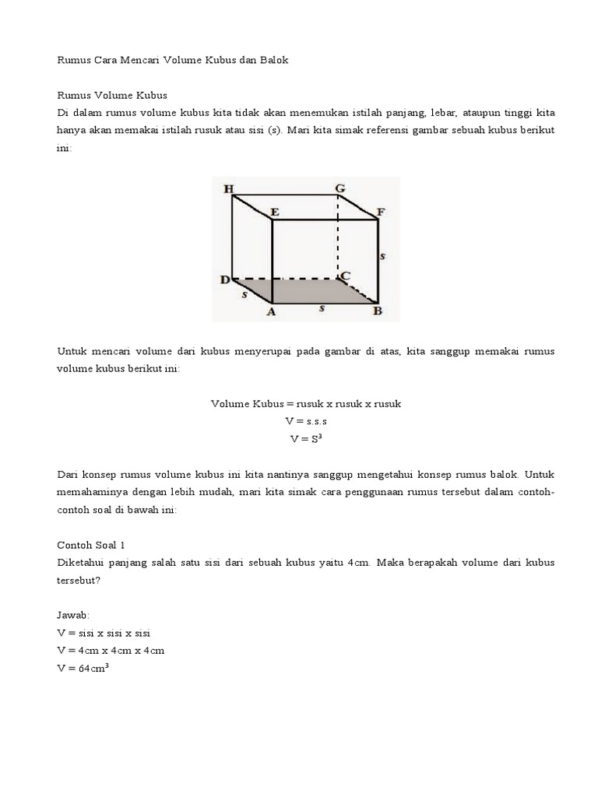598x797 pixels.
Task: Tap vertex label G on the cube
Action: pyautogui.click(x=339, y=189)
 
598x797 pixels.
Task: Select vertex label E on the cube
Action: pyautogui.click(x=274, y=211)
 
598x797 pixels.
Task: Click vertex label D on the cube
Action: pyautogui.click(x=224, y=279)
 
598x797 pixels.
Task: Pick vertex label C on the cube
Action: pyautogui.click(x=345, y=276)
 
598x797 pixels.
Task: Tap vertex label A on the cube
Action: pyautogui.click(x=271, y=312)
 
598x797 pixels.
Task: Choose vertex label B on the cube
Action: pyautogui.click(x=377, y=312)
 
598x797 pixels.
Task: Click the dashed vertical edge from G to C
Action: pyautogui.click(x=338, y=237)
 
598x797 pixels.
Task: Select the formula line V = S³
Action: pyautogui.click(x=305, y=438)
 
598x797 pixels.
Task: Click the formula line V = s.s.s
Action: pyautogui.click(x=305, y=421)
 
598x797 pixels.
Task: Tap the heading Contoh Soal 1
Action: pyautogui.click(x=91, y=546)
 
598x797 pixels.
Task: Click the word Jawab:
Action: pyautogui.click(x=74, y=615)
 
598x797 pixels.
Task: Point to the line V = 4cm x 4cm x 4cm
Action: pyautogui.click(x=111, y=650)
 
